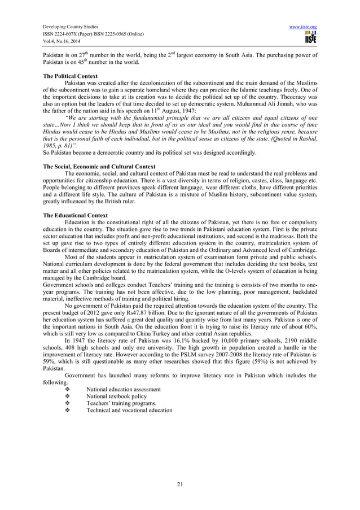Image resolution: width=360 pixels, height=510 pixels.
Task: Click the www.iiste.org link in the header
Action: click(x=305, y=26)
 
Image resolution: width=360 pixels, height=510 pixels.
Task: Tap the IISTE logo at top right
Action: click(x=310, y=38)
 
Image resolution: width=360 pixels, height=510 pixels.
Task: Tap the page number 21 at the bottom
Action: click(x=180, y=483)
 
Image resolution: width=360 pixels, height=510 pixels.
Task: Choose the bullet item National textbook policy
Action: click(x=117, y=396)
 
